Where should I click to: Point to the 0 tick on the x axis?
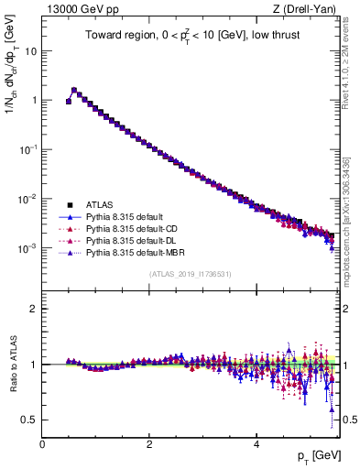pos(42,443)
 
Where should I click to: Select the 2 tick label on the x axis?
pos(149,443)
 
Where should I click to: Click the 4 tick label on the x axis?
pos(256,443)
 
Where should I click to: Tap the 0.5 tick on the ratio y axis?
pos(29,420)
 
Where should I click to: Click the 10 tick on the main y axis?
pos(31,51)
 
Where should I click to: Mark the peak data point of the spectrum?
pos(74,91)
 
